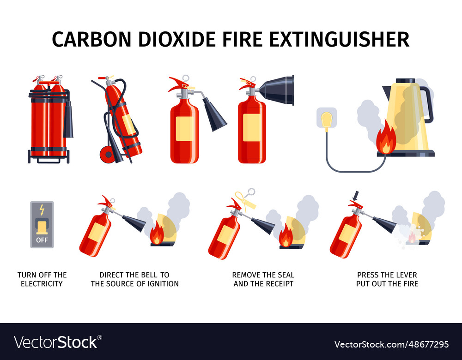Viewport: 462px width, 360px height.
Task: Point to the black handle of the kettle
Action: click(x=427, y=104)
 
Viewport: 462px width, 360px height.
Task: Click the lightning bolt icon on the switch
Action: click(x=42, y=210)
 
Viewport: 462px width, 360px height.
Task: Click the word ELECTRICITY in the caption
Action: click(x=42, y=283)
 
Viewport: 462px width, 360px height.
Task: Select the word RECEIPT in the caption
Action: click(x=280, y=283)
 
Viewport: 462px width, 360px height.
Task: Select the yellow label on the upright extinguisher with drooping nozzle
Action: click(x=185, y=129)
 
